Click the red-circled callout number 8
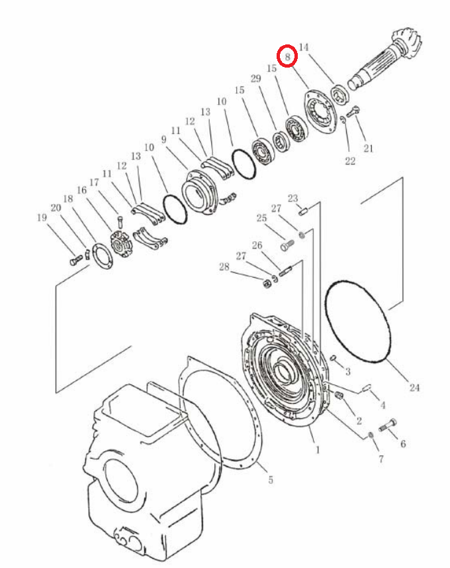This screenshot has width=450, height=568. (288, 57)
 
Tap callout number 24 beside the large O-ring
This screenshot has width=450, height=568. (414, 388)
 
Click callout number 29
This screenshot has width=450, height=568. (255, 78)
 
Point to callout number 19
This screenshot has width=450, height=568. (42, 217)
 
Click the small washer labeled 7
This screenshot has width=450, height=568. (371, 435)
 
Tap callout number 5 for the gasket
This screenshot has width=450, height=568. (271, 480)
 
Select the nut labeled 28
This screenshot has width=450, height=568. (267, 283)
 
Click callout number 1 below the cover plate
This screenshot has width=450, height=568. (318, 450)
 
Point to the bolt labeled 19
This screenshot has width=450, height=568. (76, 260)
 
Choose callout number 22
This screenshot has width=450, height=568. (350, 161)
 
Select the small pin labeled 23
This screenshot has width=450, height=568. (303, 209)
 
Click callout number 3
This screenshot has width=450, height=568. (347, 371)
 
